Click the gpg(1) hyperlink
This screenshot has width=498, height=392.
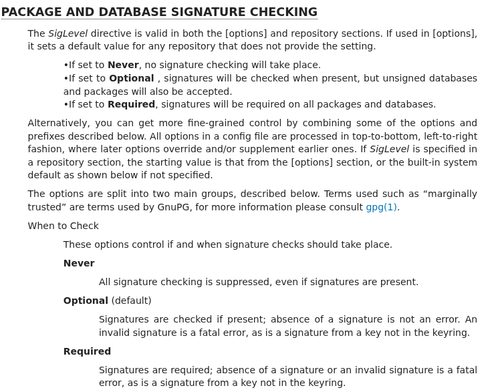coord(382,207)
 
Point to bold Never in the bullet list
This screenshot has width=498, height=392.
coord(123,65)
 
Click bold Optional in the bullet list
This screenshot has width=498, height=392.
coord(131,78)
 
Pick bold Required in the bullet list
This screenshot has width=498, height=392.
coord(131,104)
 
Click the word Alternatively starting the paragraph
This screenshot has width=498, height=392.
coord(58,123)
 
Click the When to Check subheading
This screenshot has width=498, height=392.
coord(63,226)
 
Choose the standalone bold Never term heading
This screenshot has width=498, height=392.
coord(79,263)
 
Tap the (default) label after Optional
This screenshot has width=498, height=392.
coord(131,301)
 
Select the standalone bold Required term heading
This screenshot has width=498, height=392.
coord(87,351)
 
